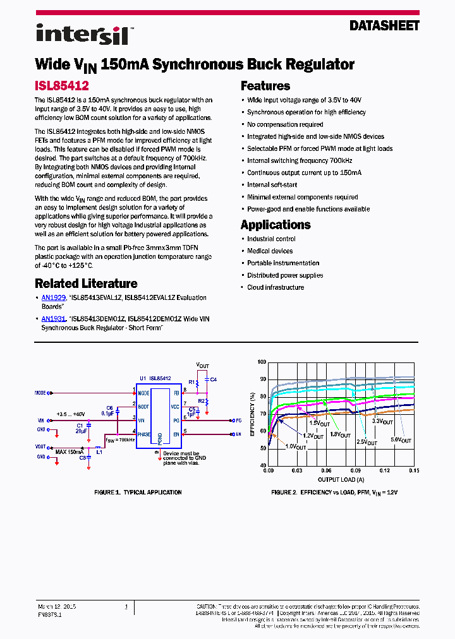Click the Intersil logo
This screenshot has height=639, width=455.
(83, 35)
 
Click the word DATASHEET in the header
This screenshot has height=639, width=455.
(384, 26)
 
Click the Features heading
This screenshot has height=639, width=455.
(265, 86)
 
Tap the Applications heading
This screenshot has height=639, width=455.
(276, 225)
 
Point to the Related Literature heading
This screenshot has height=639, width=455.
(86, 284)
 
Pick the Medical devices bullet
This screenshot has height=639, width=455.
(270, 251)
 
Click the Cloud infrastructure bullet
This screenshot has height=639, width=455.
(276, 287)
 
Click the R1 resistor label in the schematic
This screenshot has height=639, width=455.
(191, 383)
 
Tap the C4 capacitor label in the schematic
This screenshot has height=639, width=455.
(214, 379)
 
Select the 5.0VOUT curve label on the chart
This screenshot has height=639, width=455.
(401, 440)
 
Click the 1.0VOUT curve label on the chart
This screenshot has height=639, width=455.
(296, 446)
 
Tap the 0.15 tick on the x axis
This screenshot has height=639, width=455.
(414, 470)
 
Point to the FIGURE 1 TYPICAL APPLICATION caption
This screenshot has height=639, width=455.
(138, 492)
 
